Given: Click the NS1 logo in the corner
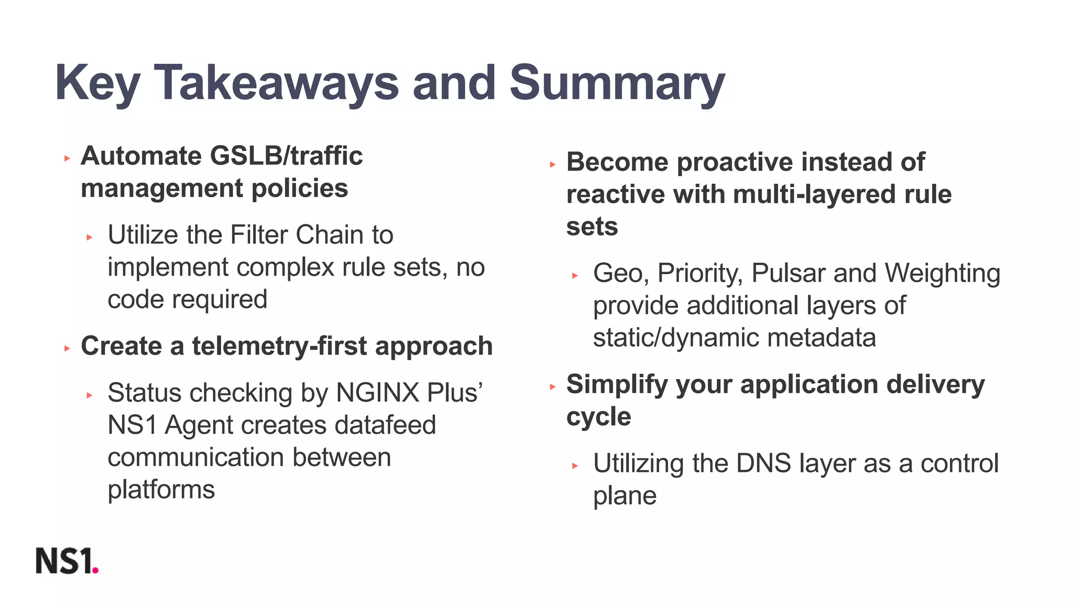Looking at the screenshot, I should pos(67,561).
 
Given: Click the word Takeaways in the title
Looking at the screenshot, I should pos(276,83).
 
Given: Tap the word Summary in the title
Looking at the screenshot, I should pos(617,83).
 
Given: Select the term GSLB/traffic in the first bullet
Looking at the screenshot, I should pos(286,156).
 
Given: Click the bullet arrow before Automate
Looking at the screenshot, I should pos(67,158).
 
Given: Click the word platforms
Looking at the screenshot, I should pos(161,490).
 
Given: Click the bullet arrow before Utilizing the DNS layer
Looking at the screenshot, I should pos(575,466).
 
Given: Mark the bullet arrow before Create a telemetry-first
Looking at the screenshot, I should pos(67,348).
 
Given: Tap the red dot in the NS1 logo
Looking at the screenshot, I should pos(95,570).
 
